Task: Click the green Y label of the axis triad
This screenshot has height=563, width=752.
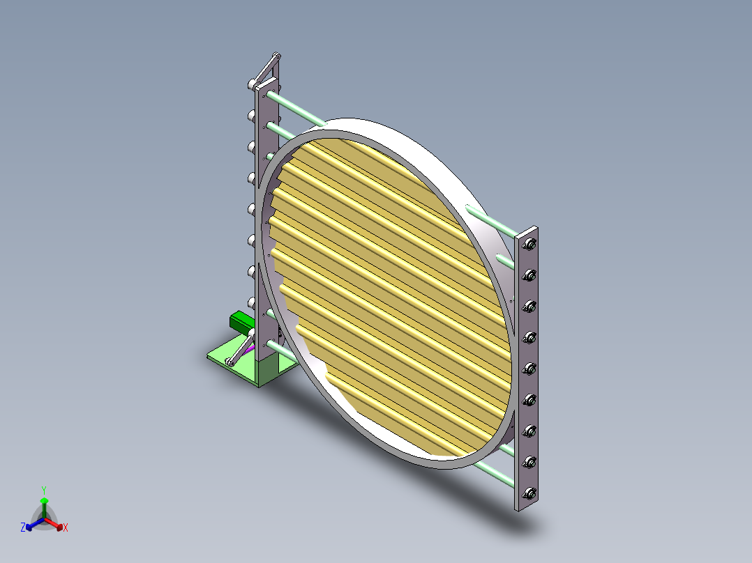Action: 43,490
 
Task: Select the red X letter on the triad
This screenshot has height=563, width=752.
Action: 66,528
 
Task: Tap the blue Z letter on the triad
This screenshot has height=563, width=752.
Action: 23,528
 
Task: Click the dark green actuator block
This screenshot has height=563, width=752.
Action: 242,322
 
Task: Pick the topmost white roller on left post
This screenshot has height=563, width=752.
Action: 250,84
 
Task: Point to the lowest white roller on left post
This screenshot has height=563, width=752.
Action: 250,302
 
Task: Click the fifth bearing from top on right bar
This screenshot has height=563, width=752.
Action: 529,368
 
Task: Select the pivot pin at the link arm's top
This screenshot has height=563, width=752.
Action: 276,55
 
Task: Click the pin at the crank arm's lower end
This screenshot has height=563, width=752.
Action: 230,362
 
